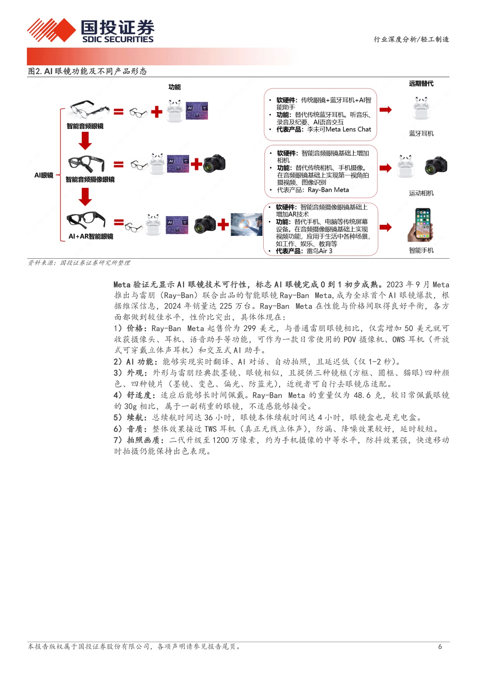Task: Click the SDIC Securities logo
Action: (x=91, y=30)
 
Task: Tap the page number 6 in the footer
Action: (x=440, y=647)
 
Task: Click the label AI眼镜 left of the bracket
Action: (x=44, y=175)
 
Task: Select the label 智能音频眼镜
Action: (x=85, y=126)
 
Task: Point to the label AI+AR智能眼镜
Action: (x=91, y=236)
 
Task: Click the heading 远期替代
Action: (x=421, y=83)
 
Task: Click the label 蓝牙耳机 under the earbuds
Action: (x=421, y=133)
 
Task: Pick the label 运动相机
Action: (x=421, y=193)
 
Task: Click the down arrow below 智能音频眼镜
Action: (x=85, y=141)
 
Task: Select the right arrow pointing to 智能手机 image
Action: (x=386, y=227)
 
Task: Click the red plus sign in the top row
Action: (x=156, y=112)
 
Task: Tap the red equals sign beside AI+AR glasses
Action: (x=119, y=222)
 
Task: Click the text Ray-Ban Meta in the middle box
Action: (x=328, y=190)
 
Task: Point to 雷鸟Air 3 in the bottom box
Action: (x=319, y=251)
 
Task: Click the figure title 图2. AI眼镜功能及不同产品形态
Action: (x=87, y=71)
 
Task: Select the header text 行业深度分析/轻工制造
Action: (x=411, y=39)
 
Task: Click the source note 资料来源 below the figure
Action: (x=79, y=263)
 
